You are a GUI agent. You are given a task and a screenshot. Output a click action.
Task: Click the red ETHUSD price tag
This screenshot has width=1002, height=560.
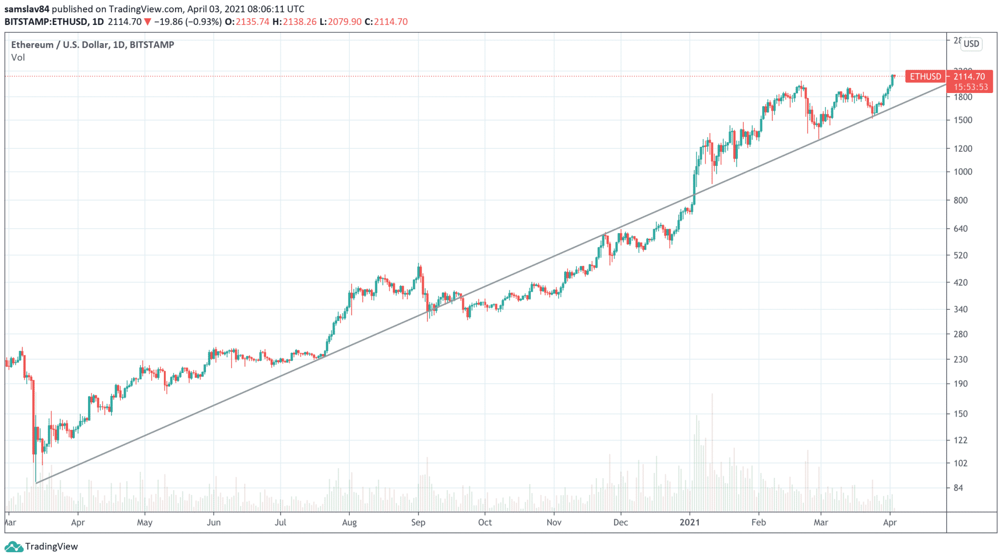[x=925, y=76]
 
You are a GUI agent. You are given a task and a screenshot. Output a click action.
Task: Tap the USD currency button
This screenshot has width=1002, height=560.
[x=971, y=44]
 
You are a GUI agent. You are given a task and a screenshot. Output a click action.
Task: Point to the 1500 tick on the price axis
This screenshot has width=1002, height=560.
[x=962, y=120]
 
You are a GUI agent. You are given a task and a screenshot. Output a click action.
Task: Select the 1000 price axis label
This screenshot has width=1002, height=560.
[x=962, y=172]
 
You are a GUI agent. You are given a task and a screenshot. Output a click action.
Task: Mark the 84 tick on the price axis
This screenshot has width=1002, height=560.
[x=958, y=488]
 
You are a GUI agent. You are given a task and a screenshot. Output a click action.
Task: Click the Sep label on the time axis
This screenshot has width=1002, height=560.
[x=418, y=522]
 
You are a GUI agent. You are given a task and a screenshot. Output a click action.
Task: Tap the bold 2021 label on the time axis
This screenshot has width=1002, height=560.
[x=690, y=522]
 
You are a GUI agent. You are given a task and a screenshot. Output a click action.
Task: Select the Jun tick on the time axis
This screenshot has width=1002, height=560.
[x=214, y=522]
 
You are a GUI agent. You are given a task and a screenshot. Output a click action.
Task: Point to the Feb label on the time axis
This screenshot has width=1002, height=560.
[x=759, y=522]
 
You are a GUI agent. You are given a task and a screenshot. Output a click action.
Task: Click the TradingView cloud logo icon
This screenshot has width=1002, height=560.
[x=14, y=546]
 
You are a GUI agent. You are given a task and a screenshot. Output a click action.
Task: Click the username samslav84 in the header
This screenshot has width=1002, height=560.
[x=27, y=9]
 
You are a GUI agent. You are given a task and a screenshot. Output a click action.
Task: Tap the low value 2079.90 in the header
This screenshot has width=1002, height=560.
[x=345, y=22]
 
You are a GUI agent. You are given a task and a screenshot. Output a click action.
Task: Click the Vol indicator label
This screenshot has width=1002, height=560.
[x=18, y=57]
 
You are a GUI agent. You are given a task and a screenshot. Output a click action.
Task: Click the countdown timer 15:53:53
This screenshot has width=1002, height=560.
[x=971, y=87]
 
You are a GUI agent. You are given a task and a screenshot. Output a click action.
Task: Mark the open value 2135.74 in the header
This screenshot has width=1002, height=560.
[x=252, y=22]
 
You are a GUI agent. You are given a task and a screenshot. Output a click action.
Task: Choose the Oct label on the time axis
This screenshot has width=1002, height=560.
[x=485, y=522]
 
